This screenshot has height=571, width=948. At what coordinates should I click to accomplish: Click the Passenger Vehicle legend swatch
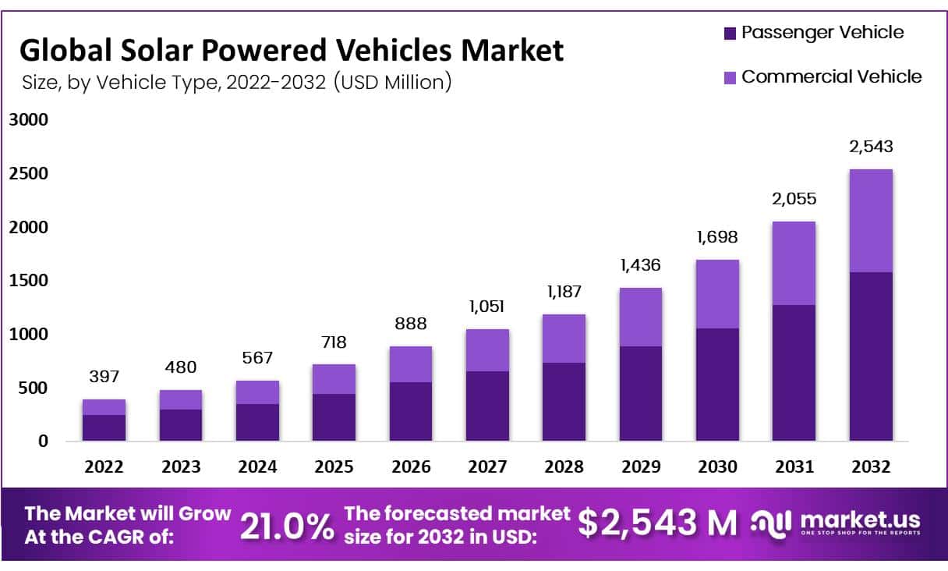[x=730, y=33]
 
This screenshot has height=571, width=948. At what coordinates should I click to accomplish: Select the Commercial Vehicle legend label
[x=831, y=76]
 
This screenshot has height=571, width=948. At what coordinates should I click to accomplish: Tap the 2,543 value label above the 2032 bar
[x=871, y=147]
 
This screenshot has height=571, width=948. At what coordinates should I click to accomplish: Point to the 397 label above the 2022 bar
[x=104, y=377]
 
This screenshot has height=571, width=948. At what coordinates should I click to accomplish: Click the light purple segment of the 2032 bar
[x=871, y=221]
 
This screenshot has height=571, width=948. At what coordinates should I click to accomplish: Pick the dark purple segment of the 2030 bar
[x=717, y=385]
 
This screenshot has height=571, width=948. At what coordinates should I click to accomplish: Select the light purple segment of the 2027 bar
[x=487, y=350]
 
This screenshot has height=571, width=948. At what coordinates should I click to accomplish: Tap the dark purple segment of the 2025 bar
[x=334, y=417]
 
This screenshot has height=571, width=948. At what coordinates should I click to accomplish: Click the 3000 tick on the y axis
[x=29, y=120]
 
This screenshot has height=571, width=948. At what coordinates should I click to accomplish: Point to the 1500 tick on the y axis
[x=29, y=281]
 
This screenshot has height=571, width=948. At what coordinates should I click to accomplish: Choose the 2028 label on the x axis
[x=564, y=467]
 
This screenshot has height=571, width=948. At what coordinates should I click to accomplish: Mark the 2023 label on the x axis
[x=181, y=467]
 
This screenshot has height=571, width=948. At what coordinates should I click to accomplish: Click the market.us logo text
[x=860, y=520]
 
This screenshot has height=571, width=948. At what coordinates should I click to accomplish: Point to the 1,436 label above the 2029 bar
[x=640, y=264]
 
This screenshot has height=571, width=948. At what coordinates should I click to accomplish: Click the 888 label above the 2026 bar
[x=411, y=324]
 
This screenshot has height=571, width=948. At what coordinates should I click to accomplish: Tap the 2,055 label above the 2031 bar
[x=794, y=199]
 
